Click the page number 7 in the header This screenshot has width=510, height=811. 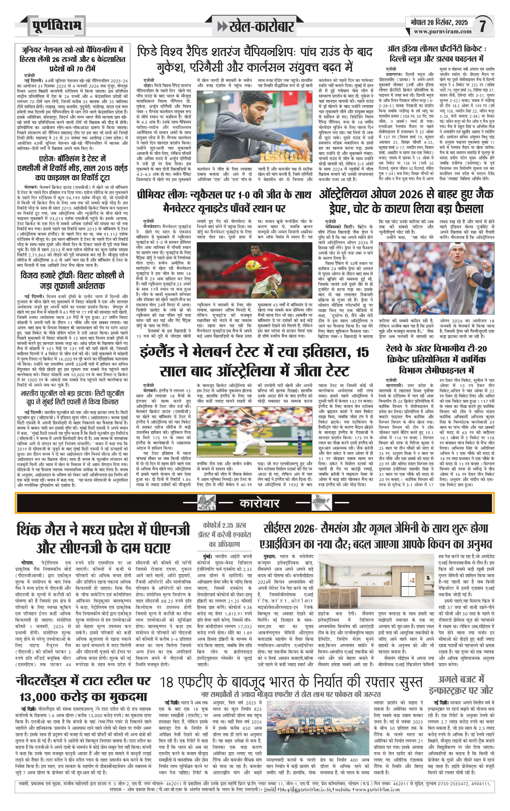click(x=483, y=26)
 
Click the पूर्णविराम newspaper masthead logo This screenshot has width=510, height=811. click(x=57, y=26)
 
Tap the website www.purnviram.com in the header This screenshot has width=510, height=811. click(x=442, y=31)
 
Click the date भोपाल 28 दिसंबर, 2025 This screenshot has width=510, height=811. click(x=439, y=22)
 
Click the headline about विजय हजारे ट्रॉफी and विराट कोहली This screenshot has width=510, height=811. click(x=72, y=280)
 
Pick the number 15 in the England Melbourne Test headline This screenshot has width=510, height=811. click(x=362, y=352)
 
